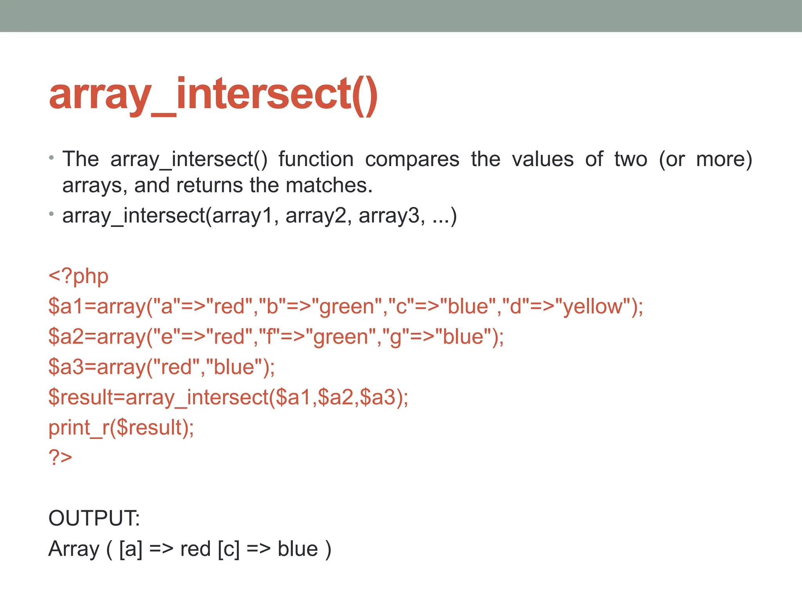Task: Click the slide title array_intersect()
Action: [213, 95]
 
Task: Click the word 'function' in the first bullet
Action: [316, 160]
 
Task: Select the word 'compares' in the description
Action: [412, 160]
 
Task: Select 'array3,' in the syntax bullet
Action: [392, 216]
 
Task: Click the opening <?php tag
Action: [78, 276]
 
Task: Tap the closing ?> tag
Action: [60, 457]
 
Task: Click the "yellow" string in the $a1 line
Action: [592, 306]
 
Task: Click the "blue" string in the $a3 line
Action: [234, 367]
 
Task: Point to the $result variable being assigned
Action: [81, 397]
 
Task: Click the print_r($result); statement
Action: [121, 428]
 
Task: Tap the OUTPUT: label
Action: [94, 518]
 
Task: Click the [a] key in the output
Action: [131, 549]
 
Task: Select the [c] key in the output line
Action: [229, 549]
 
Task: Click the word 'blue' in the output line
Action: [298, 549]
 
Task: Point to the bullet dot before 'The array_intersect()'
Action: [51, 158]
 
